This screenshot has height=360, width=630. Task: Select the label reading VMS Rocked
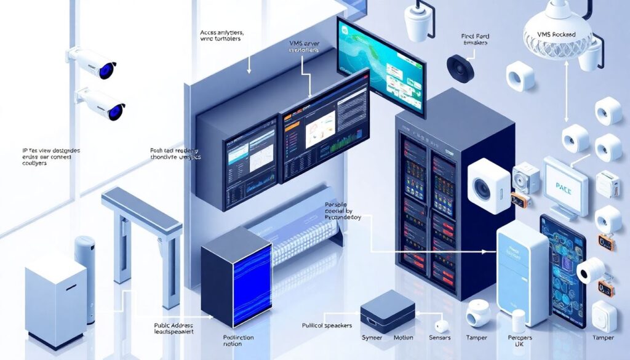tap(556, 35)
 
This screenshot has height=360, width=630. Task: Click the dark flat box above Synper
tap(387, 312)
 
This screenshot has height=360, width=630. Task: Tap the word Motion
tap(403, 338)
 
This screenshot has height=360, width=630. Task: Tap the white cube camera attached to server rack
tap(488, 186)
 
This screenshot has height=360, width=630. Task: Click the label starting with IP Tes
tap(50, 156)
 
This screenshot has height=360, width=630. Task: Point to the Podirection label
tap(237, 341)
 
